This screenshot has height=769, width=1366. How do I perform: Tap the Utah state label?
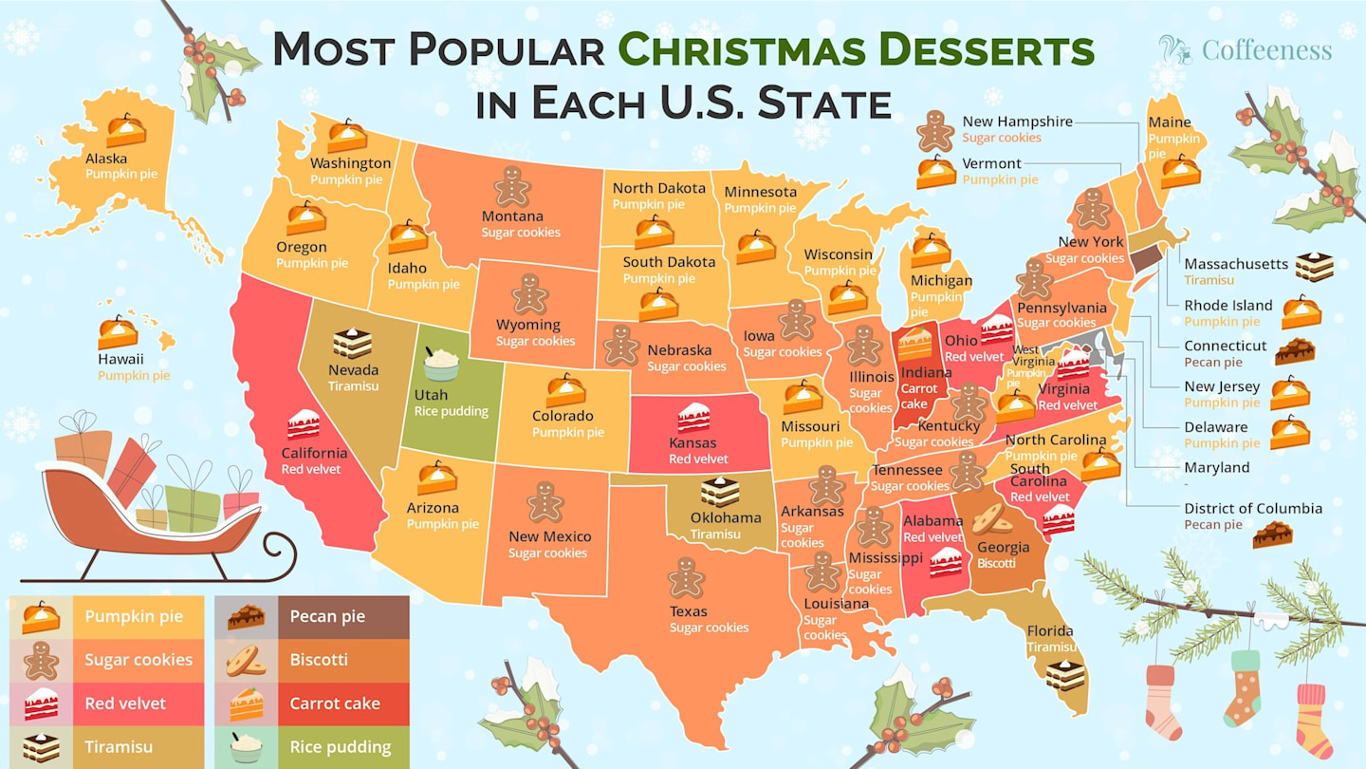coord(431,395)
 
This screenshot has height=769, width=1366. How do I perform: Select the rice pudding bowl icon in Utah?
coord(441,364)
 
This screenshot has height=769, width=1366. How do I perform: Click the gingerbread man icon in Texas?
coord(685,577)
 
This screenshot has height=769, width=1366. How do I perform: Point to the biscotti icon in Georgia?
coord(991,518)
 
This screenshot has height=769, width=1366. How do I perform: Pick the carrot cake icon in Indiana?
coord(915,344)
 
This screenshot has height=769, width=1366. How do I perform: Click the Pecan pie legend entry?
coord(312,617)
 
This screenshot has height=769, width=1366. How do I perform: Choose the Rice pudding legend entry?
coord(312,747)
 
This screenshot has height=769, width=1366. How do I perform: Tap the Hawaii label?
coord(120,359)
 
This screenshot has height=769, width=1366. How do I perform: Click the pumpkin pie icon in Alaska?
coord(125,129)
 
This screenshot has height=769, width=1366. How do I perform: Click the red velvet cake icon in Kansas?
coord(693,418)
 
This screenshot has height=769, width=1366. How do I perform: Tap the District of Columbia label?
coord(1252,508)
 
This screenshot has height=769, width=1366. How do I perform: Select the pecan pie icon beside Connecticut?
coord(1294,352)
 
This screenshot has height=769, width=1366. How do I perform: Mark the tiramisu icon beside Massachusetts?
coord(1314,268)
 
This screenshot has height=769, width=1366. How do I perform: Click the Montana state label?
coord(512,216)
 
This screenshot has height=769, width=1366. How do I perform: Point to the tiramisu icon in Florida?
coord(1065,675)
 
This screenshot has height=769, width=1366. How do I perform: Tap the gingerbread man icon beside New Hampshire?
coord(935,130)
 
